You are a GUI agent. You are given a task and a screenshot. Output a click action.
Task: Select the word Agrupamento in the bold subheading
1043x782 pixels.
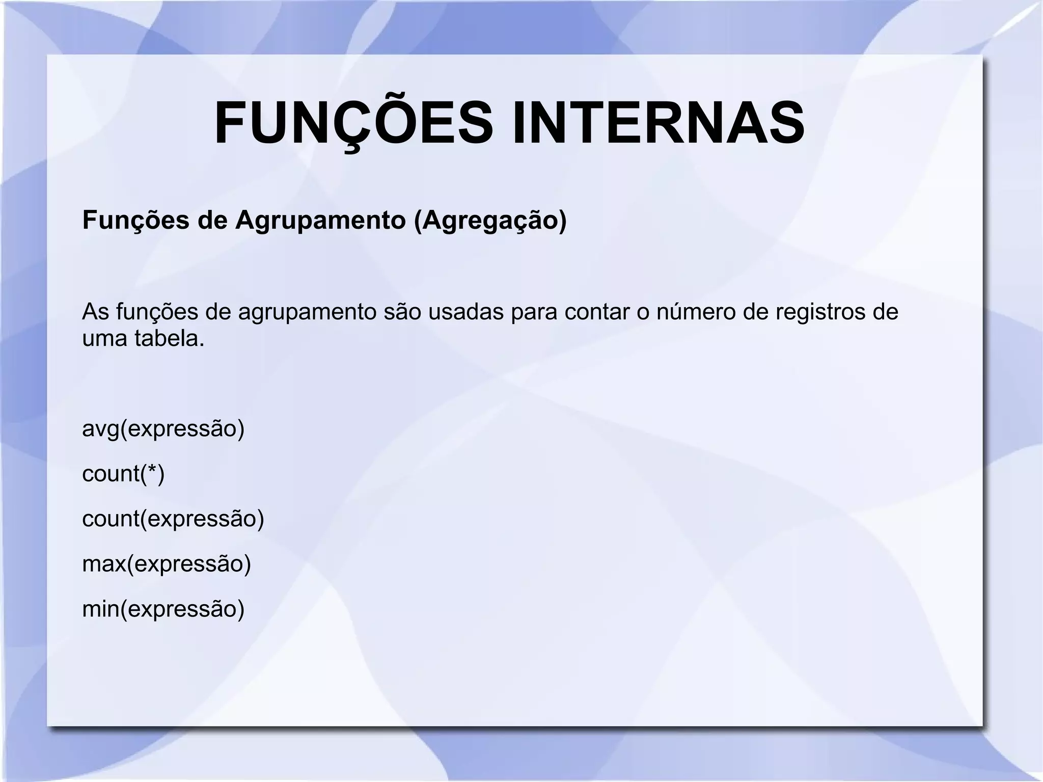[320, 220]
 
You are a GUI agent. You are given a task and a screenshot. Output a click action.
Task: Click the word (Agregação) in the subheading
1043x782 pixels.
[490, 220]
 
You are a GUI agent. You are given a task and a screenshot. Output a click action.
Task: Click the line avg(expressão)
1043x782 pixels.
[163, 429]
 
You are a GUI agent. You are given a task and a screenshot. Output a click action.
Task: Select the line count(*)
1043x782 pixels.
[123, 474]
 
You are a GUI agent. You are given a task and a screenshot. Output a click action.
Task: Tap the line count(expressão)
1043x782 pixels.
[173, 519]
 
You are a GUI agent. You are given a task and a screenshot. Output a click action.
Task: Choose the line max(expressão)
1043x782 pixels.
[167, 564]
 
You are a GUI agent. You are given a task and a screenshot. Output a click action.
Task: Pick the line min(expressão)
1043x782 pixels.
[163, 609]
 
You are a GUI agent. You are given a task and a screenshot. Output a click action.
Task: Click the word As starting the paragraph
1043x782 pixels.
[96, 312]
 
